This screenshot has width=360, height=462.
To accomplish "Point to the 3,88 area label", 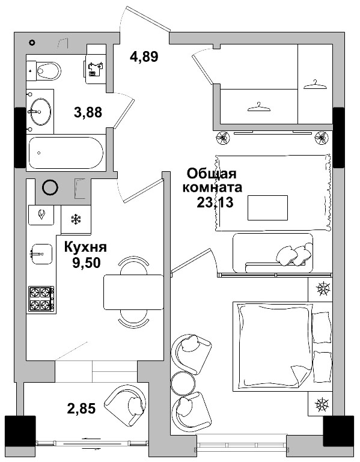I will click(x=88, y=112).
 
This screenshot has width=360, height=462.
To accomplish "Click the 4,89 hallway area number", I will click(x=144, y=58).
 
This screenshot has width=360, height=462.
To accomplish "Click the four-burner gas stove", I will click(x=41, y=299).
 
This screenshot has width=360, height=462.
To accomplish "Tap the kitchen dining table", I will click(x=133, y=291).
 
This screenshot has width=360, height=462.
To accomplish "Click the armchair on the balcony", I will click(x=125, y=406).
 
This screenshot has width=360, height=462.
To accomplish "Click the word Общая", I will click(x=209, y=174).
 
